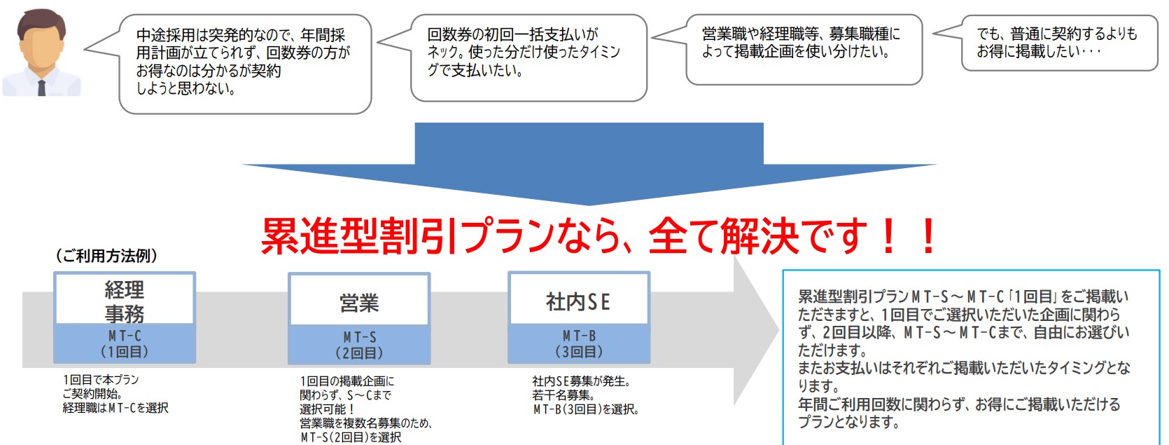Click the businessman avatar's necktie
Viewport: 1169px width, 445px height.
(41, 87)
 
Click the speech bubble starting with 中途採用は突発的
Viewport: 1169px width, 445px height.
(244, 63)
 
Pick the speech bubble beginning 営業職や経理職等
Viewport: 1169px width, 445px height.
(804, 49)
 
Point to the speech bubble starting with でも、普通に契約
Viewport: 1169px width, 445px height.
(1059, 43)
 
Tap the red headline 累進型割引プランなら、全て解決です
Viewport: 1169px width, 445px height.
(599, 236)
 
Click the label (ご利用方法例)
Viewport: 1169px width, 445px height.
(106, 256)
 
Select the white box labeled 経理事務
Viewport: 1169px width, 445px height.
(125, 299)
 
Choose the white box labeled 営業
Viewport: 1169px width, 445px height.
(359, 302)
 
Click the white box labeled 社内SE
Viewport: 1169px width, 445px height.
(579, 301)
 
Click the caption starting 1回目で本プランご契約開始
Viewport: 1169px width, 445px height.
(115, 394)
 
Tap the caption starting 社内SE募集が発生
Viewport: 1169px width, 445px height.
(585, 395)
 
